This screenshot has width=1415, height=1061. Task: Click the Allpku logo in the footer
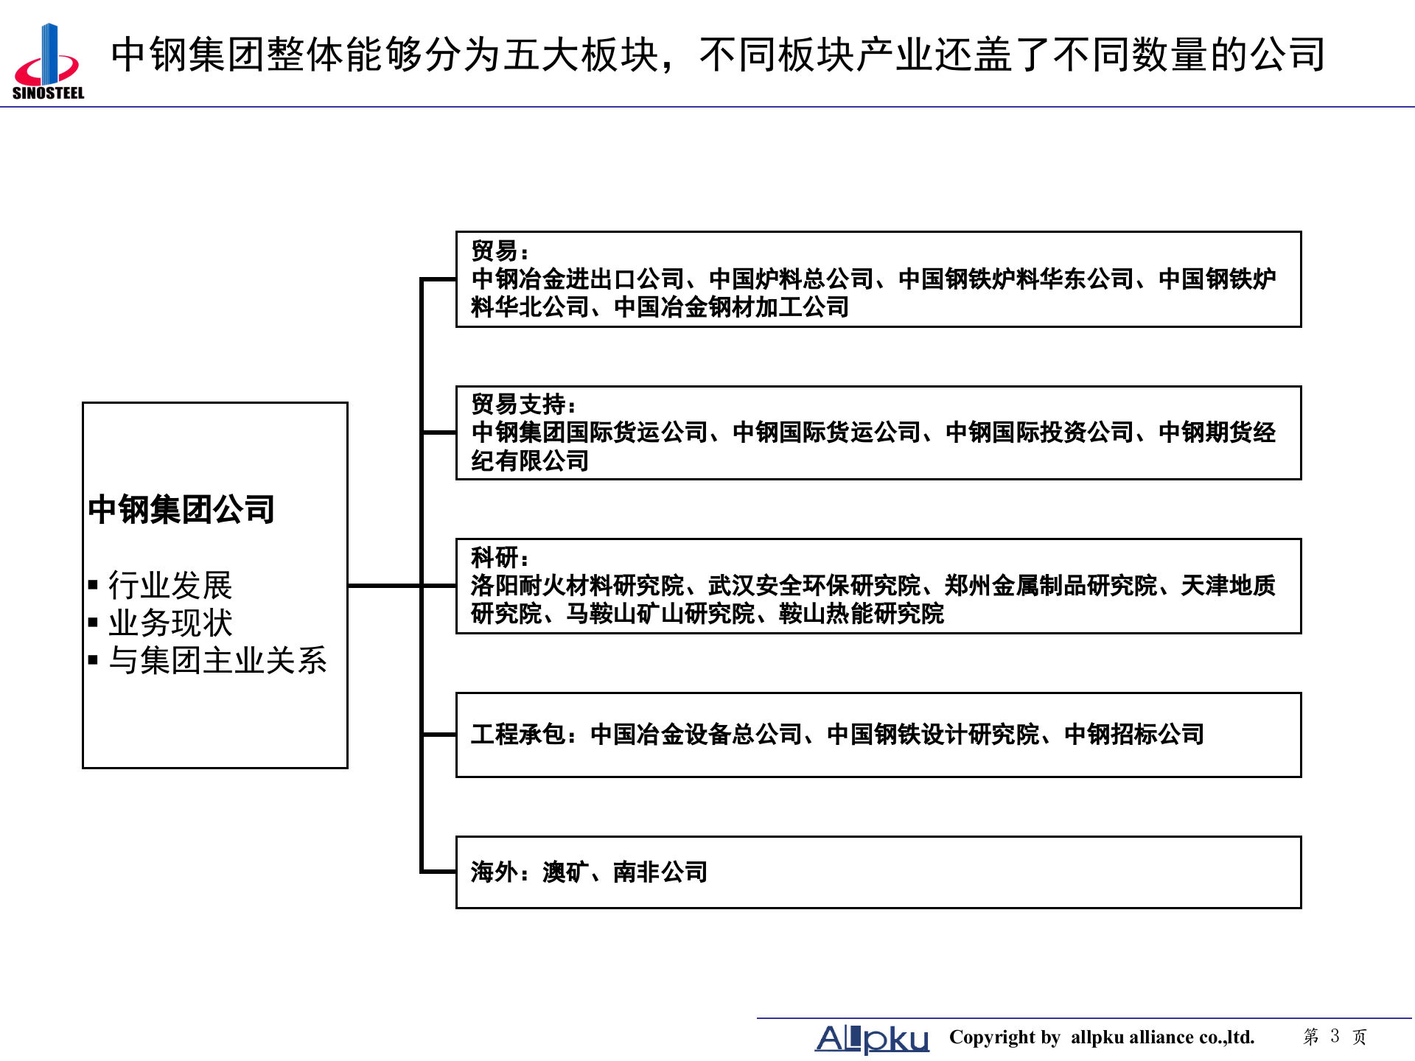[872, 1038]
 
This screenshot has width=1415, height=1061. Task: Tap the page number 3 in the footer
[1335, 1036]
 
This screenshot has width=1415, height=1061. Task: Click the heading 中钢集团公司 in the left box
[181, 509]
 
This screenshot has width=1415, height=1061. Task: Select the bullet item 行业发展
[170, 586]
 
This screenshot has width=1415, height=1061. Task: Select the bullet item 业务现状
[170, 623]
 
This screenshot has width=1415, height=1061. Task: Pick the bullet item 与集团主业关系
[217, 660]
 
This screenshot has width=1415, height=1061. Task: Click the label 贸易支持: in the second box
[523, 405]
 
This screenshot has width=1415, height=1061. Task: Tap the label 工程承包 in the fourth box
[517, 735]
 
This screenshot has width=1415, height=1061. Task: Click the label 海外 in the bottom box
[494, 872]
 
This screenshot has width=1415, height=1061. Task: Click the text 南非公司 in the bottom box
[660, 872]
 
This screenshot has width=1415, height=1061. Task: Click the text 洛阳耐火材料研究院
[577, 586]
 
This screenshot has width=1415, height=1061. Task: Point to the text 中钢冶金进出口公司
[577, 279]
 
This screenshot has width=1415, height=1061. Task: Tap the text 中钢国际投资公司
[1039, 433]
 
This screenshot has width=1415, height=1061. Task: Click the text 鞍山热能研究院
[861, 614]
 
